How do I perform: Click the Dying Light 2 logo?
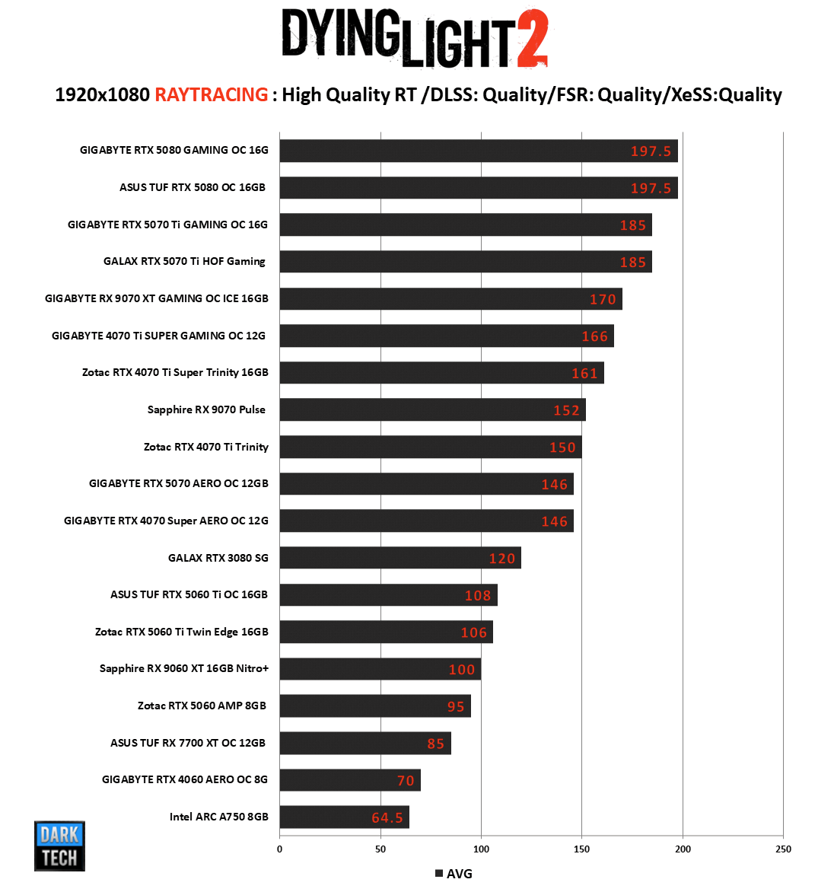tap(415, 38)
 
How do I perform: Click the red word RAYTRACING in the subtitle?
tap(211, 94)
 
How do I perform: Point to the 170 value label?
tap(603, 299)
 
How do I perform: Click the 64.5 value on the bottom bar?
tap(387, 817)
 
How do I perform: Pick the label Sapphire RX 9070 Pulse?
tap(206, 409)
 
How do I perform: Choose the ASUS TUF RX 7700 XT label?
tap(188, 743)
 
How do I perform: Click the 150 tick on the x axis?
tap(582, 849)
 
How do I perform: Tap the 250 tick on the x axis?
tap(783, 849)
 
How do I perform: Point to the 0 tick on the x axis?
tap(279, 849)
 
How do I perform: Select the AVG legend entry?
tap(454, 874)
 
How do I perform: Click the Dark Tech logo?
tap(59, 846)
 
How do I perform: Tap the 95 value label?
tap(456, 706)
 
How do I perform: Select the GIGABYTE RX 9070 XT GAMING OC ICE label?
tap(157, 298)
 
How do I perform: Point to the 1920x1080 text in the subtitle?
tap(102, 94)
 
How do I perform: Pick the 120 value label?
tap(502, 559)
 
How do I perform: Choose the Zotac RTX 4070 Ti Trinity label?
tap(206, 447)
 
